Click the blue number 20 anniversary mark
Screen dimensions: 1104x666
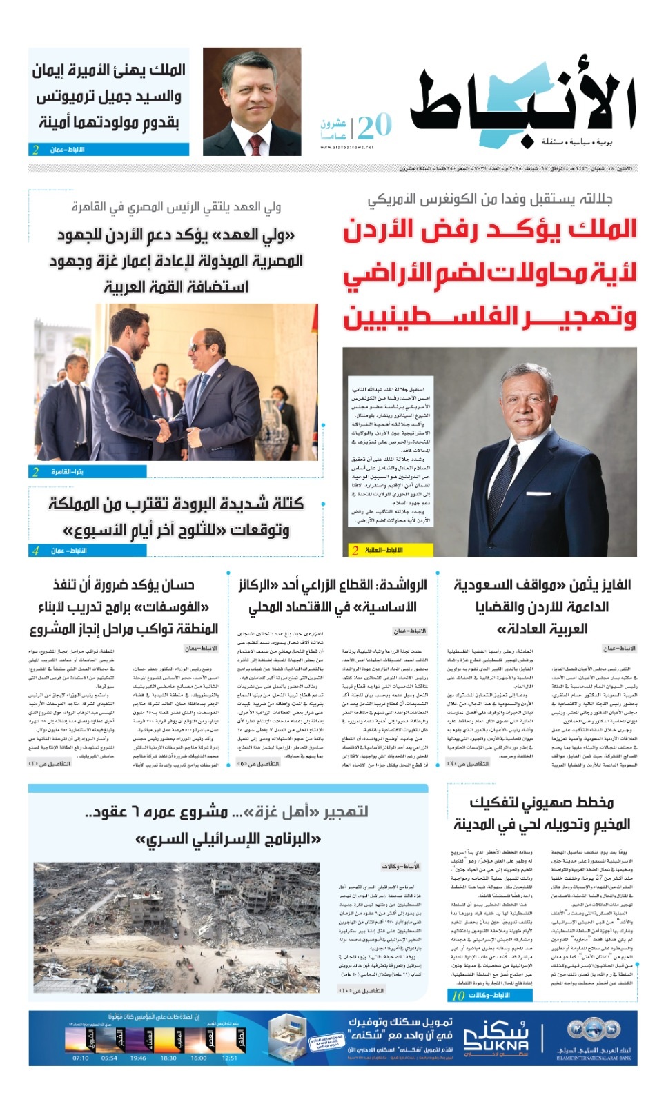coord(374,126)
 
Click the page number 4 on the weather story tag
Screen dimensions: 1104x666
coord(35,551)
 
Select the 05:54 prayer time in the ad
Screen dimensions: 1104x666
coord(109,1058)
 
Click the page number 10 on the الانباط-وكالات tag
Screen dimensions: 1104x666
coord(458,995)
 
